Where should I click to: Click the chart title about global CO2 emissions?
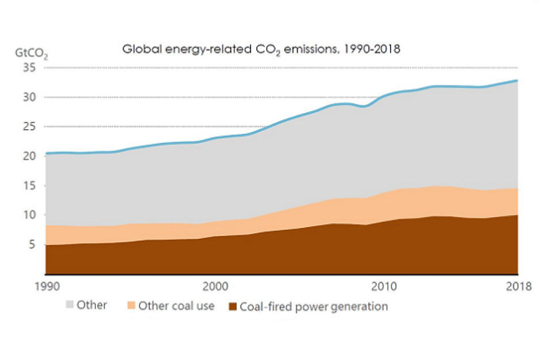(261, 49)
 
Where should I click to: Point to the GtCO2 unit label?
(32, 55)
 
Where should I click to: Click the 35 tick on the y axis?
(29, 68)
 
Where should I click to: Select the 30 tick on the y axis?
(29, 97)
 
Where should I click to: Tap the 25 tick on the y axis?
(29, 126)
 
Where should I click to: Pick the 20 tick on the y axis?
(29, 156)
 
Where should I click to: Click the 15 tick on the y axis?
(29, 186)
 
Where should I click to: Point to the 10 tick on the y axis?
(29, 215)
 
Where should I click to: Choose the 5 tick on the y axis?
(33, 245)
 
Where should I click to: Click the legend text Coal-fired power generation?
(314, 307)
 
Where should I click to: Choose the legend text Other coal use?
(176, 306)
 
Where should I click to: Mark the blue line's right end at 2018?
(517, 80)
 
